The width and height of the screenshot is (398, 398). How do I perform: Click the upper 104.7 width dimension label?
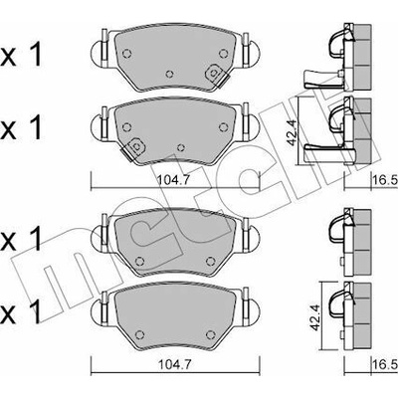pos(173,180)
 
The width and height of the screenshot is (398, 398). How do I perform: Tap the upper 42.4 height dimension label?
pos(292,132)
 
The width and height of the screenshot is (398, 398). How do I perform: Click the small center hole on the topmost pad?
pos(170,74)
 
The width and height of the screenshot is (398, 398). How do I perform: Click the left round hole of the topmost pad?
pos(127,53)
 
